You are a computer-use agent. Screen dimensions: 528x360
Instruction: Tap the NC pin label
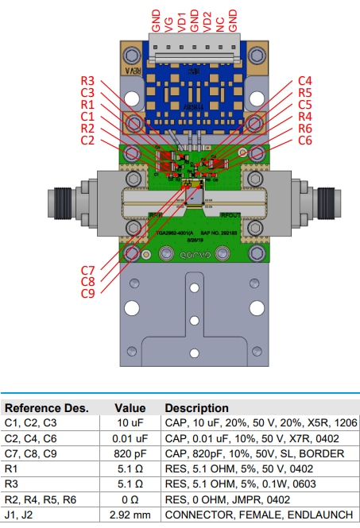(x=220, y=20)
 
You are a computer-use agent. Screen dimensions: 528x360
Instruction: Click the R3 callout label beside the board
(x=87, y=81)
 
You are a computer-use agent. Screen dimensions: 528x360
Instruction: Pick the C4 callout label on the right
(x=304, y=81)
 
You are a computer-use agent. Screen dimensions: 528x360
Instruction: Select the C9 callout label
(x=88, y=294)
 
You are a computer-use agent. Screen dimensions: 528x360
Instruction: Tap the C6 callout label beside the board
(x=304, y=141)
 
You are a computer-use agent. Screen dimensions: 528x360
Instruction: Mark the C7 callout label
(x=88, y=270)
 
